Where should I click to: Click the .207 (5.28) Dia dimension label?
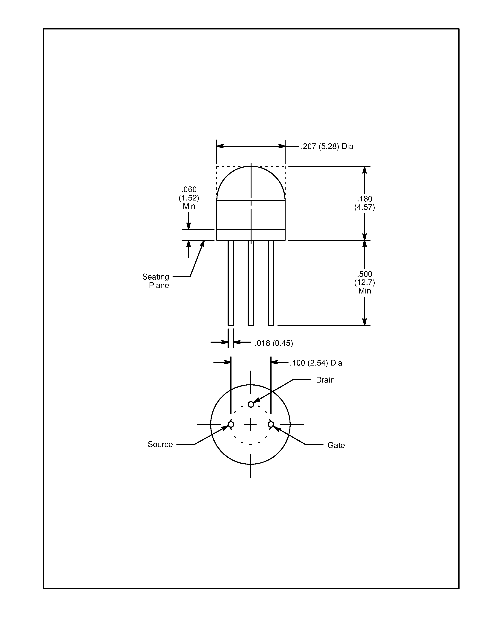327,146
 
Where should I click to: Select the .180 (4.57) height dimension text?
365,203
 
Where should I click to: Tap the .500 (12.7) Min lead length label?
365,282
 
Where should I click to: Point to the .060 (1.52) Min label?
189,198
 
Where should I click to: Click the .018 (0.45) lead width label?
273,343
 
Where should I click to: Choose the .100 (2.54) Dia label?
316,363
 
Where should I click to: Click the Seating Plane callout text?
156,281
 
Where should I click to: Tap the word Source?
160,444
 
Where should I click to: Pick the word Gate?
336,445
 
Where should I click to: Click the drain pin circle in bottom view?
251,404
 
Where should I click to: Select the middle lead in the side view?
251,283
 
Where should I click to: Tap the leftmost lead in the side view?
231,283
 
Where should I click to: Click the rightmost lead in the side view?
271,283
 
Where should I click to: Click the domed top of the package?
251,180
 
